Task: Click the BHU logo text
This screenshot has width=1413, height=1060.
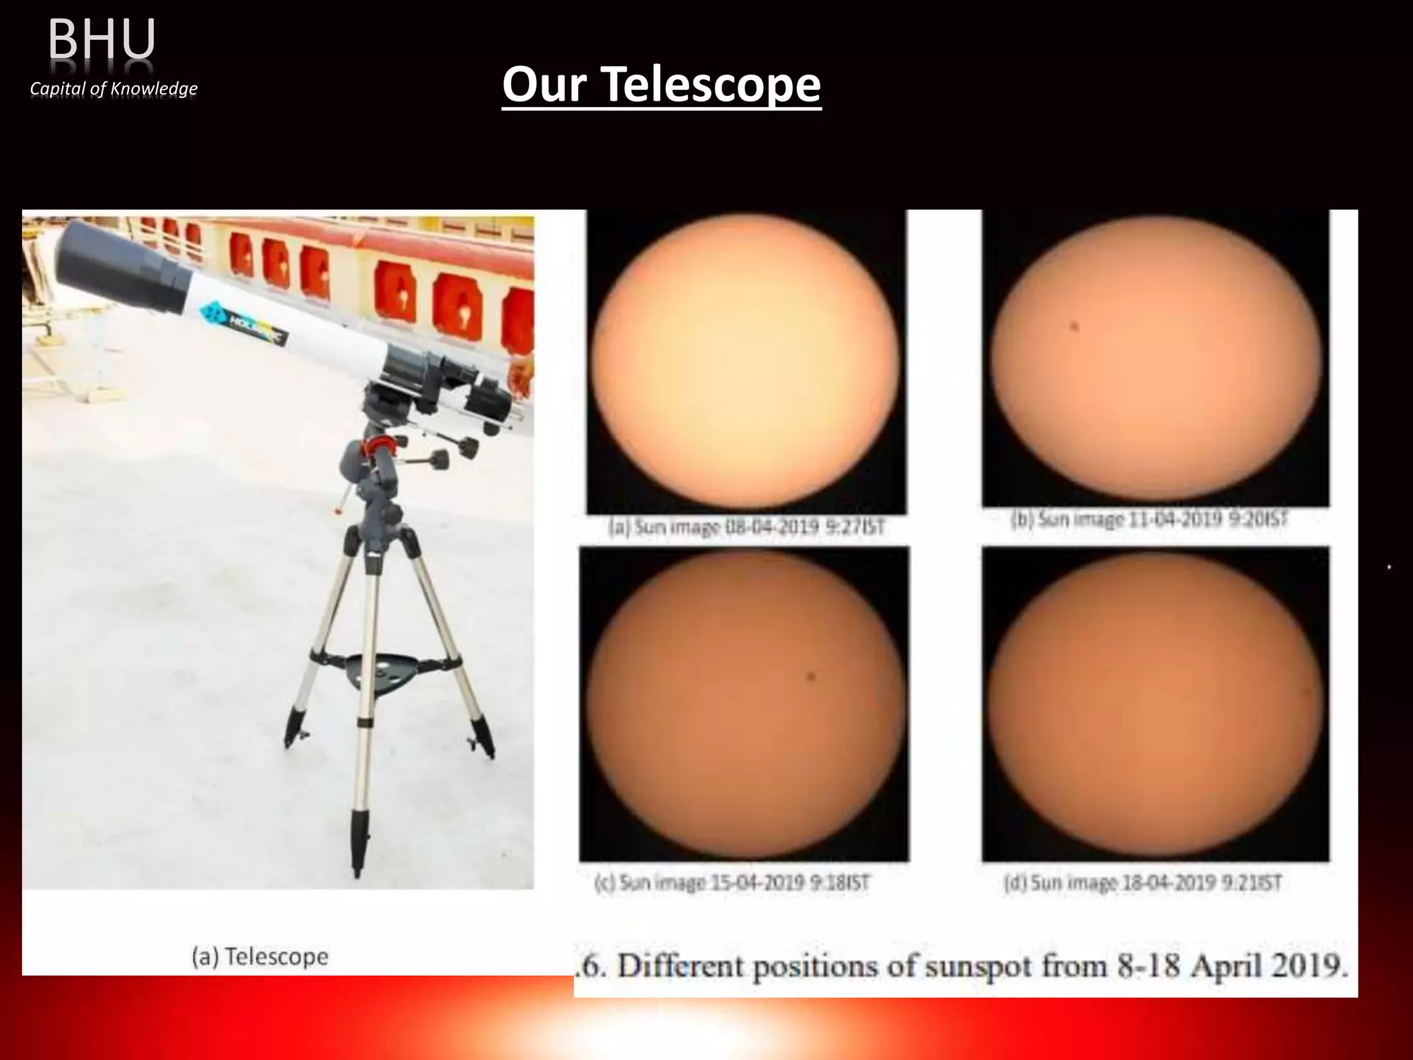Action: point(101,40)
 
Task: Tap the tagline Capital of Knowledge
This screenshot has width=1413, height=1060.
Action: point(114,89)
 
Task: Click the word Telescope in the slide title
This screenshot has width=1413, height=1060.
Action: point(711,84)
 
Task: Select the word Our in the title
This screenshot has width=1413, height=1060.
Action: point(545,84)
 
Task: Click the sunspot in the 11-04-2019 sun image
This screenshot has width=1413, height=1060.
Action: point(1074,327)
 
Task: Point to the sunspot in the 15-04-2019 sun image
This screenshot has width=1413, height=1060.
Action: point(811,677)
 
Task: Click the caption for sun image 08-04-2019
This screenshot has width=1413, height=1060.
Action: point(745,528)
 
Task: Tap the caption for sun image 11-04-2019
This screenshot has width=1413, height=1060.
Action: point(1149,520)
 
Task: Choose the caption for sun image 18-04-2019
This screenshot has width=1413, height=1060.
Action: point(1143,883)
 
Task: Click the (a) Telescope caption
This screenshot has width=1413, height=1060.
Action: point(260,957)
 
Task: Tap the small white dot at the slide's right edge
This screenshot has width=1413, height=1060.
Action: point(1389,567)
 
